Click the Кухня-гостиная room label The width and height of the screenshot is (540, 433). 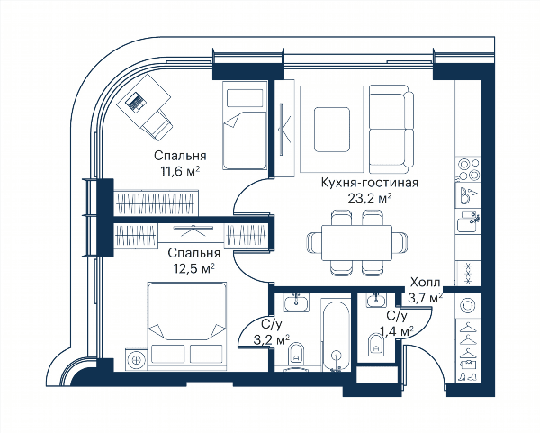pyautogui.click(x=370, y=183)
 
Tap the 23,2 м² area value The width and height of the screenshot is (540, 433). pyautogui.click(x=370, y=198)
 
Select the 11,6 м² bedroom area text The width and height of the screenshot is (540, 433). pyautogui.click(x=180, y=171)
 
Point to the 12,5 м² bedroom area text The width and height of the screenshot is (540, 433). pyautogui.click(x=193, y=268)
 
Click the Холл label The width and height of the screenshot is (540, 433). pyautogui.click(x=426, y=283)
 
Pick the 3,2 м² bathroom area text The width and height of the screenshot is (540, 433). pyautogui.click(x=272, y=340)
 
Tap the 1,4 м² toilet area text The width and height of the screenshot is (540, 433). pyautogui.click(x=396, y=331)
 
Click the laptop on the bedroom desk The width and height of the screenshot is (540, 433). pyautogui.click(x=135, y=102)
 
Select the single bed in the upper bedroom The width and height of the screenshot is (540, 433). pyautogui.click(x=245, y=125)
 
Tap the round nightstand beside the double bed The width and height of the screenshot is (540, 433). pyautogui.click(x=137, y=359)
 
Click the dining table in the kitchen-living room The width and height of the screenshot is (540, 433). pyautogui.click(x=356, y=242)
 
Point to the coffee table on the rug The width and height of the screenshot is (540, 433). pyautogui.click(x=331, y=129)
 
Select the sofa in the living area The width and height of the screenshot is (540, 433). pyautogui.click(x=391, y=129)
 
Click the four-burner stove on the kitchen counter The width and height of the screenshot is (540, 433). pyautogui.click(x=468, y=169)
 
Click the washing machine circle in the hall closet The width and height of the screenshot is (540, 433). pyautogui.click(x=468, y=305)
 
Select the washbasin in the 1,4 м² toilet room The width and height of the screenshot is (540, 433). pyautogui.click(x=377, y=300)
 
